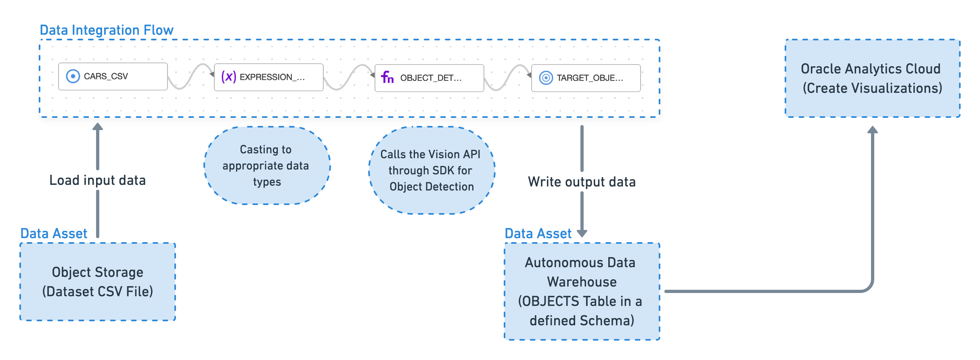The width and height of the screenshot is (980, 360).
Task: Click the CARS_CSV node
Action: point(113,76)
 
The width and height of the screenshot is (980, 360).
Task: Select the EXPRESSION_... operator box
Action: point(268,77)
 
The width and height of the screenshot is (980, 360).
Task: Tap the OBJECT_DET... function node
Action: point(429,78)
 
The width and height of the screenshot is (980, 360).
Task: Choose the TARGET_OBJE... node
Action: point(586,78)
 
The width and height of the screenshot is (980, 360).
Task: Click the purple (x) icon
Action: point(228,77)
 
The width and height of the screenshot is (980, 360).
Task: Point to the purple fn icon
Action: point(387,77)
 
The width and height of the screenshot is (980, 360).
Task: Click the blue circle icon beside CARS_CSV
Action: point(73,76)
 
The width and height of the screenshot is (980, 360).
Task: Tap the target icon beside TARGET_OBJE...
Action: point(546,78)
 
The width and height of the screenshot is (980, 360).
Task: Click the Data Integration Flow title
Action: point(107,30)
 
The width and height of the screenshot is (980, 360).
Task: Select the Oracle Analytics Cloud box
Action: point(872,78)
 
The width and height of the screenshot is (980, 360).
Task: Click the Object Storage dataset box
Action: point(98,282)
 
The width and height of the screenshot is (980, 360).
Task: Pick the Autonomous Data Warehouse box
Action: point(582,291)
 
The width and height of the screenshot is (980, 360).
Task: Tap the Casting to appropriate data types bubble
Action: point(267,165)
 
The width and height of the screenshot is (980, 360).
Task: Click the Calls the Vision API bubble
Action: point(431,170)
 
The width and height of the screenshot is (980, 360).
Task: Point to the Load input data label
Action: point(97,180)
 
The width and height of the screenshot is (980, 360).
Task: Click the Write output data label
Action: point(582,182)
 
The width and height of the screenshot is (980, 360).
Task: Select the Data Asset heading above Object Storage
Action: point(54,234)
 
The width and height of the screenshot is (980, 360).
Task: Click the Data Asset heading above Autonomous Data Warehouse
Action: point(538,234)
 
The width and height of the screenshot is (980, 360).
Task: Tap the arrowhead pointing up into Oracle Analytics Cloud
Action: point(873,130)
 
